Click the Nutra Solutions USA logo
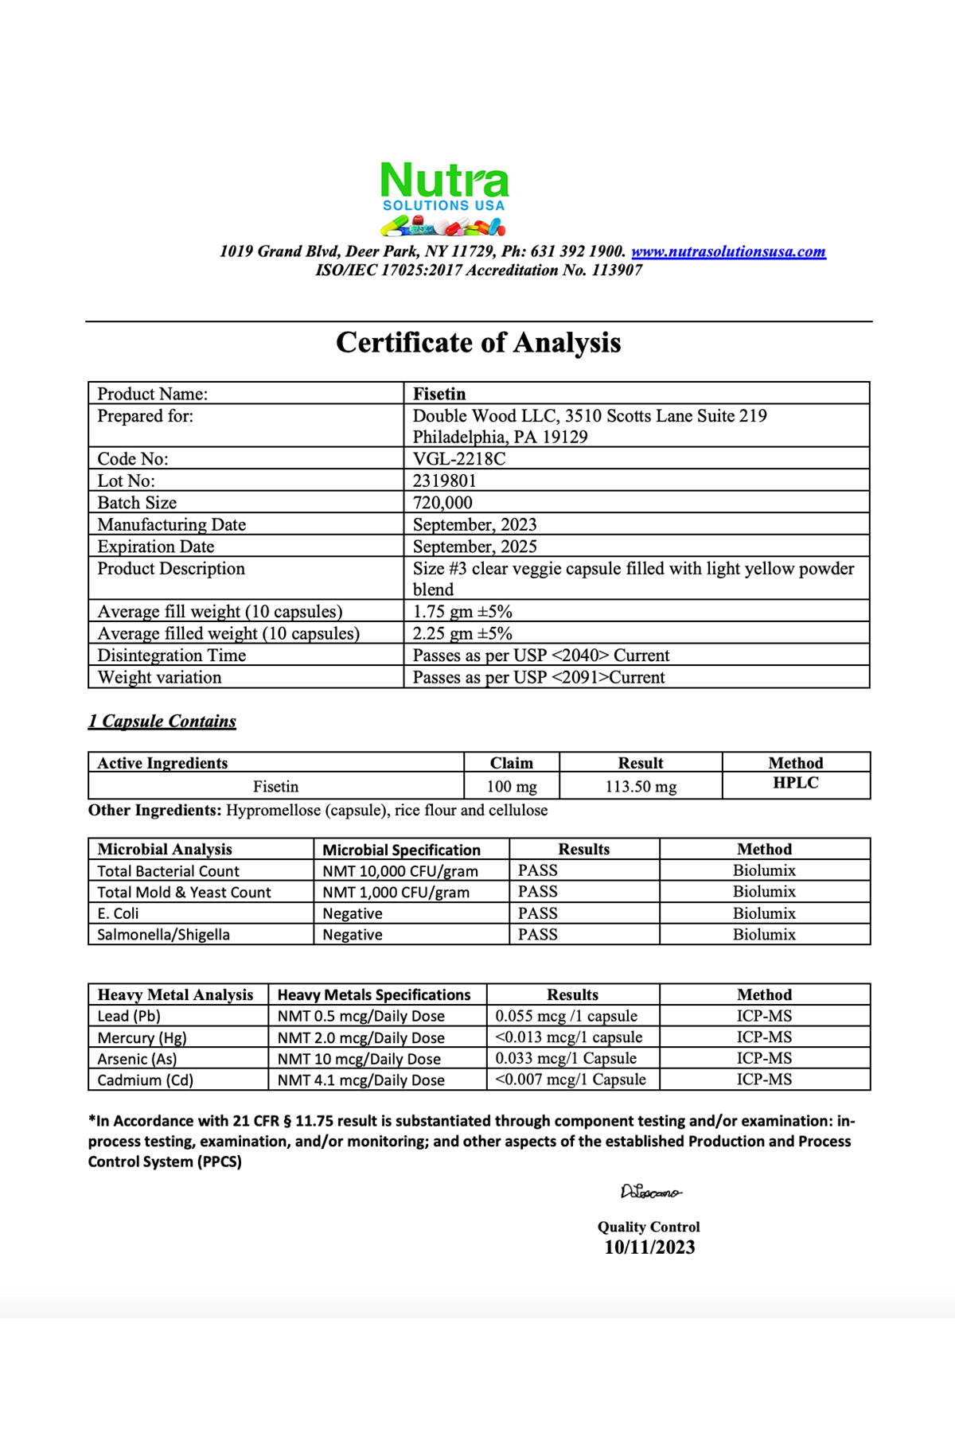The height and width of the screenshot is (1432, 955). [444, 198]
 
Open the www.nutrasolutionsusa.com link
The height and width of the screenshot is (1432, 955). [728, 251]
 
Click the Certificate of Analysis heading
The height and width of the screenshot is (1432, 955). [478, 342]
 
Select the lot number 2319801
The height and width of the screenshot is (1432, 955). [444, 481]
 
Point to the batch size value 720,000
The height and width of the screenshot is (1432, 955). [442, 503]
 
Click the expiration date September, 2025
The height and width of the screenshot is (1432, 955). [474, 547]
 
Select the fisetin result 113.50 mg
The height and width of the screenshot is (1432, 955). [641, 787]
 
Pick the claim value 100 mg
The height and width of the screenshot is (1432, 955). [512, 787]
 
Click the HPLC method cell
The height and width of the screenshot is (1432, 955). [796, 783]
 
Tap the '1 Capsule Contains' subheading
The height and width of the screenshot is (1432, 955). [162, 721]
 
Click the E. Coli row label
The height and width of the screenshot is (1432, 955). [118, 913]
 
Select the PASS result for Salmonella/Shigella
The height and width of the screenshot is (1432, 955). [538, 935]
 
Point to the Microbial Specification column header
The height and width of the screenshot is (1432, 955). [401, 850]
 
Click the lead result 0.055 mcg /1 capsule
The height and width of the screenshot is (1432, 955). [566, 1016]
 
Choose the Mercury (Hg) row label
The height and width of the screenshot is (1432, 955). [142, 1037]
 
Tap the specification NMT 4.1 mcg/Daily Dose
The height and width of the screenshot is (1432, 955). [361, 1080]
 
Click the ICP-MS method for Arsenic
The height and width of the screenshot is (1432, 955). [764, 1058]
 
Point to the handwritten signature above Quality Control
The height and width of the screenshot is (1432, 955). [650, 1192]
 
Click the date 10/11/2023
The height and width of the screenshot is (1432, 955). [649, 1247]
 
